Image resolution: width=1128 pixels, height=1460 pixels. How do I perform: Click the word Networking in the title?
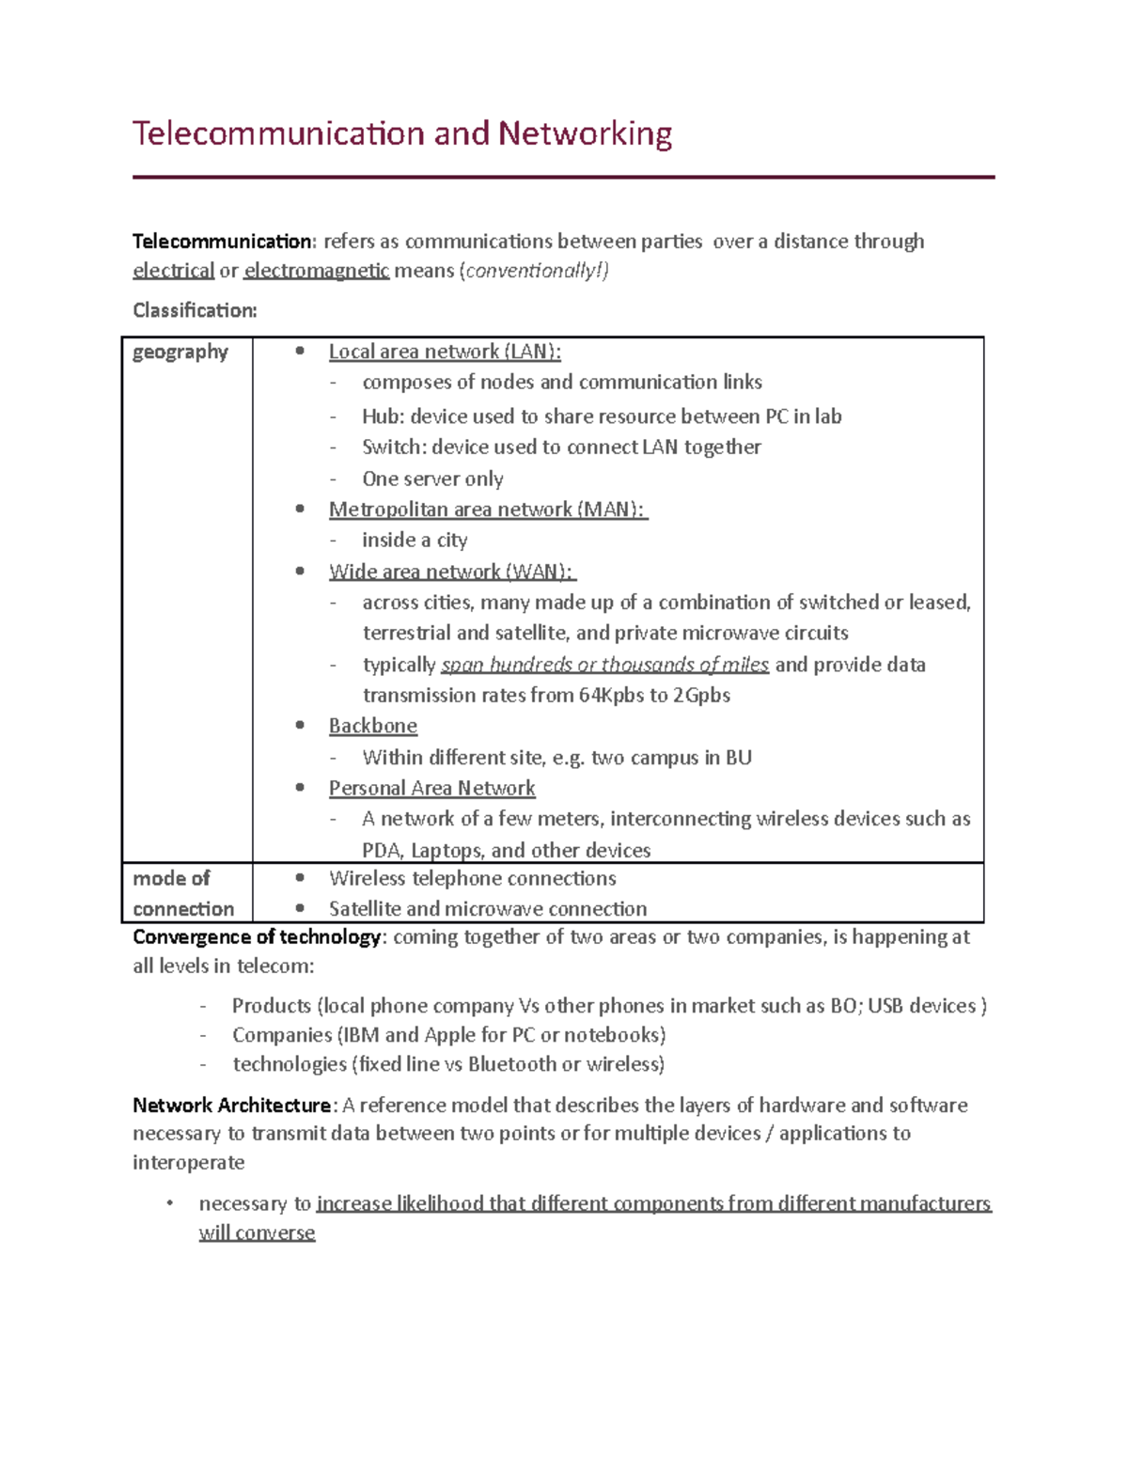coord(585,133)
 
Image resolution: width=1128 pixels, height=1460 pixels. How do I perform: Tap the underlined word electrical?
coord(174,271)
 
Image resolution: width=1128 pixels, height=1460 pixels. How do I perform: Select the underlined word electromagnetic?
coord(316,271)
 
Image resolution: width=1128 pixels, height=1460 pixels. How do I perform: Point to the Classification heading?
coord(195,310)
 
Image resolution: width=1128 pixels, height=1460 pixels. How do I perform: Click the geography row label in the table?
coord(180,352)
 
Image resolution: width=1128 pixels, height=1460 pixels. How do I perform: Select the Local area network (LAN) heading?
coord(445,352)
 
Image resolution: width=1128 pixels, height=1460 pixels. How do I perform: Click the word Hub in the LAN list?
coord(381,416)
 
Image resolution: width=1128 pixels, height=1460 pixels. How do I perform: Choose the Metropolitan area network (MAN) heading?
coord(487,510)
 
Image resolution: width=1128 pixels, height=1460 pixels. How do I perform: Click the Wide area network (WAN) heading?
coord(451,572)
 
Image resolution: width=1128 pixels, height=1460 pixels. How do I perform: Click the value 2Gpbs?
coord(701,696)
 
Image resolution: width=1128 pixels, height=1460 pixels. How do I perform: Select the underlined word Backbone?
coord(373,726)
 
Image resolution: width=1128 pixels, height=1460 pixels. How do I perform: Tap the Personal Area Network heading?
coord(431,789)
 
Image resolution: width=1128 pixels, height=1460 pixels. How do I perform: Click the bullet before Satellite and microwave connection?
coord(300,908)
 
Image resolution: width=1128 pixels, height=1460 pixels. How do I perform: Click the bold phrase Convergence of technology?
coord(257,937)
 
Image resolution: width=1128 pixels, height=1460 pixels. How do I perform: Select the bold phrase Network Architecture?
coord(231,1106)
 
